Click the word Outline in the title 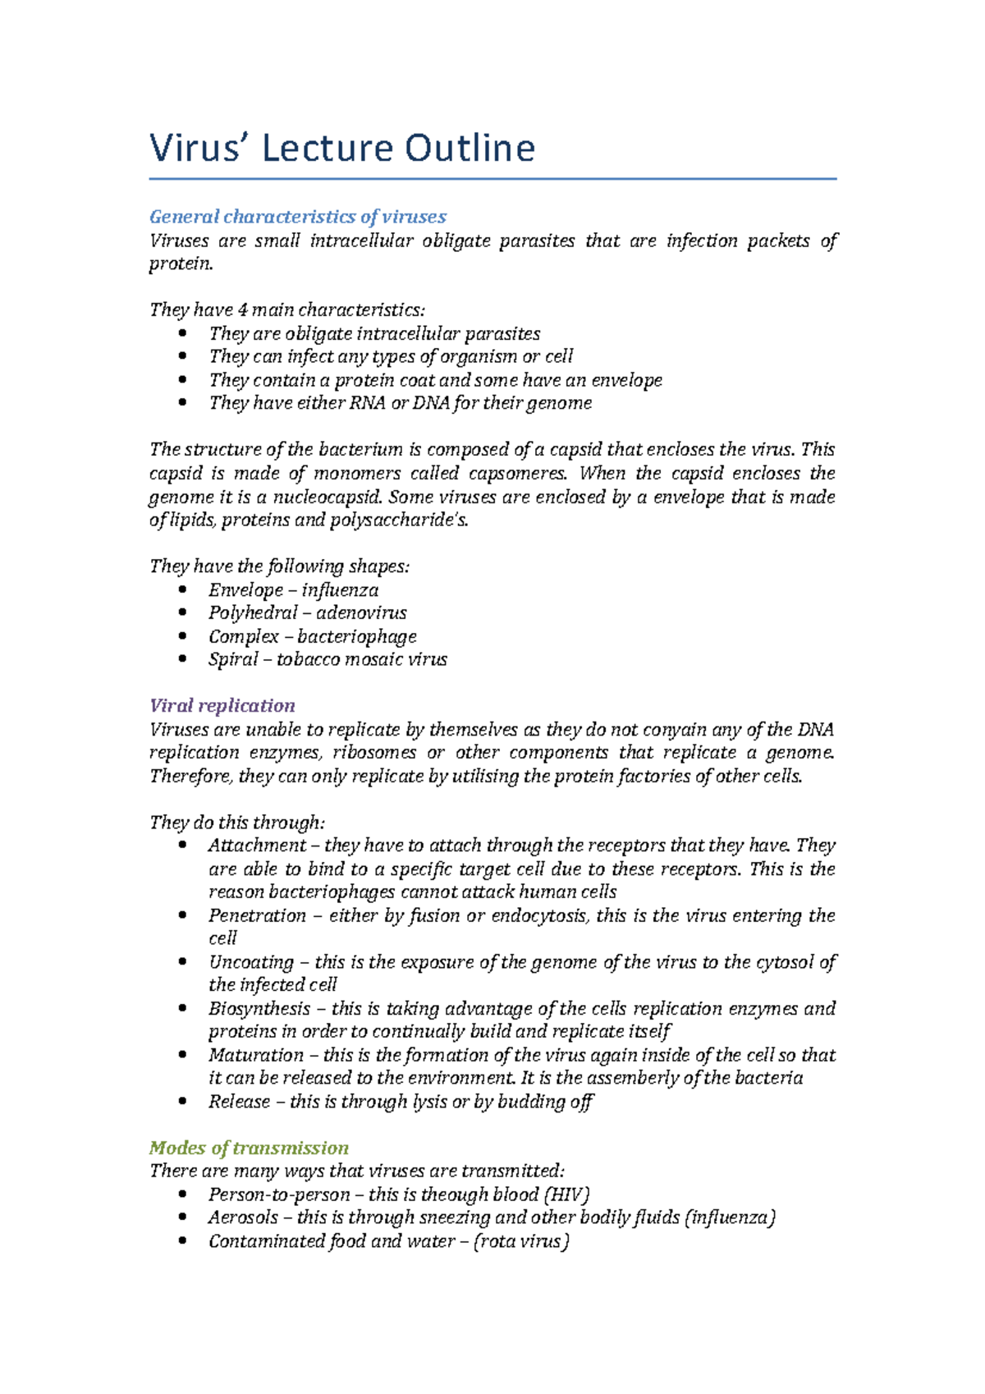tap(469, 149)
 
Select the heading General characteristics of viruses tap(297, 217)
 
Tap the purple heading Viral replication tap(222, 705)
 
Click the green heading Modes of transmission tap(249, 1148)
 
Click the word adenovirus tap(361, 613)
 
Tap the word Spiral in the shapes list tap(233, 660)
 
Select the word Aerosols tap(243, 1217)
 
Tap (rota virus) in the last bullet tap(521, 1241)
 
